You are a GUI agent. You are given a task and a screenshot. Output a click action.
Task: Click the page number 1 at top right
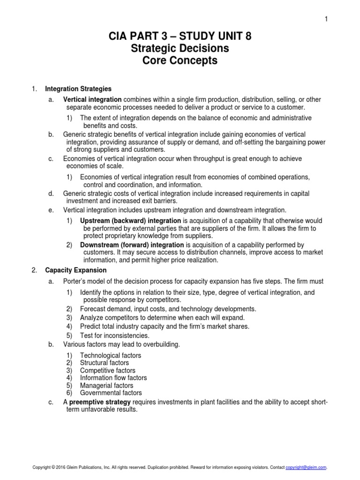325,18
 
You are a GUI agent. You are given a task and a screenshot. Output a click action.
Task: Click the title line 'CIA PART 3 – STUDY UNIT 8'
180,37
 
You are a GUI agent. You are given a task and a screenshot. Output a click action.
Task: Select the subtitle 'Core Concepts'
180,61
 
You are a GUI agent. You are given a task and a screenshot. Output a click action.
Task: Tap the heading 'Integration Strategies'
78,88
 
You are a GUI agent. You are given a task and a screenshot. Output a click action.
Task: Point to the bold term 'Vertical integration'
92,99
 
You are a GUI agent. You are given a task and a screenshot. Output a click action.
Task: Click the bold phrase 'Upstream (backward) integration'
130,220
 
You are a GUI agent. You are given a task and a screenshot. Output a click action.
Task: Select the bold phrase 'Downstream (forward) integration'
132,245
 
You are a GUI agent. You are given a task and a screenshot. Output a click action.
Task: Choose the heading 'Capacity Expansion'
75,270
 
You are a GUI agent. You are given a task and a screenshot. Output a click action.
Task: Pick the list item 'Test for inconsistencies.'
115,335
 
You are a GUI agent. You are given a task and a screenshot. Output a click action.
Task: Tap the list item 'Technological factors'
111,355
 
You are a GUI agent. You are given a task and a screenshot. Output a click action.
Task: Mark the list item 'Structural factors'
105,363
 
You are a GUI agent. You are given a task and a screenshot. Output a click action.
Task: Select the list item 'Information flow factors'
113,378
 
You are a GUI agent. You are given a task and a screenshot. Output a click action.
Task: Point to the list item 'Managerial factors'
107,385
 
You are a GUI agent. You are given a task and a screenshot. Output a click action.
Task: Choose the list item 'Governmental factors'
111,393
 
